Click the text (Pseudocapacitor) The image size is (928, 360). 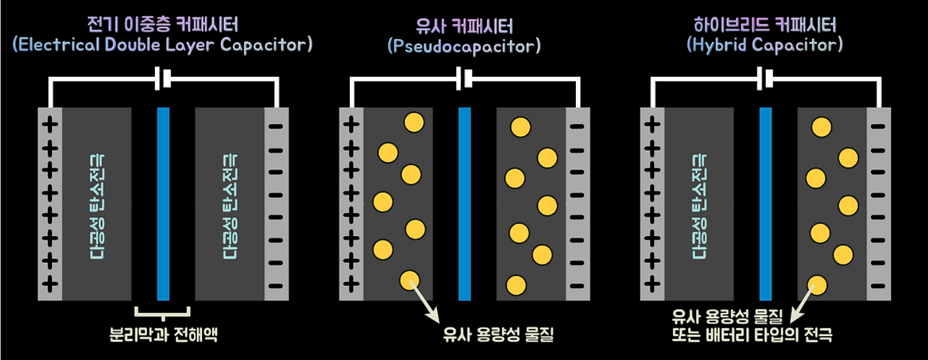[463, 46]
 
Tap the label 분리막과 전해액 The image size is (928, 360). [163, 335]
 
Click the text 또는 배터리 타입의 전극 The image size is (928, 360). [751, 335]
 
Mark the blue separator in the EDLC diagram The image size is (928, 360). [163, 204]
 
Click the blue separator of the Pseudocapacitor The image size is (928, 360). [464, 204]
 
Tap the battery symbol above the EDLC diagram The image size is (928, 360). [163, 79]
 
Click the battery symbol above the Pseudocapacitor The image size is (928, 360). [464, 79]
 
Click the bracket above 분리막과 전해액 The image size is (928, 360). [163, 314]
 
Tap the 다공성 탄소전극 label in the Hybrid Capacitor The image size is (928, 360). [699, 204]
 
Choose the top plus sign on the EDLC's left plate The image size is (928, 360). [51, 125]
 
